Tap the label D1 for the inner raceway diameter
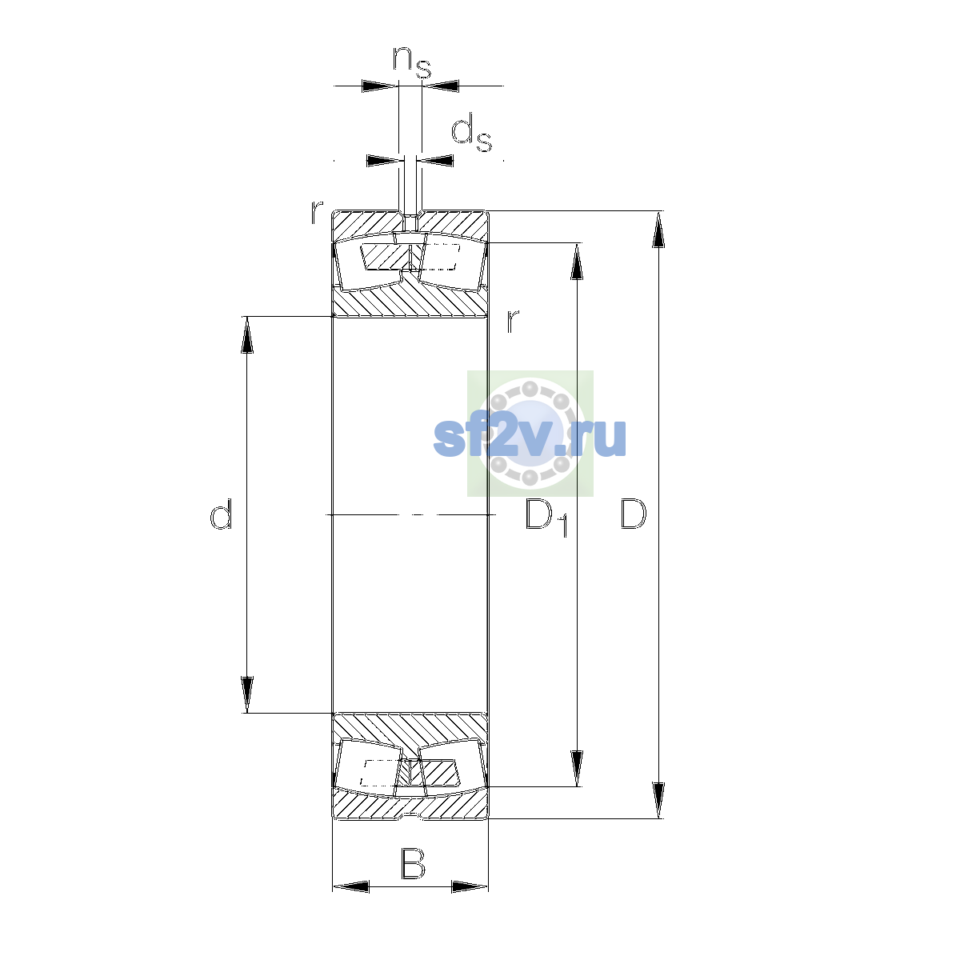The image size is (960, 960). pos(546,518)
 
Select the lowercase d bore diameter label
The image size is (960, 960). pos(221,514)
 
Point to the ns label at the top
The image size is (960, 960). pos(411,62)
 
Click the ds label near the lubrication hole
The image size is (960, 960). pos(471,133)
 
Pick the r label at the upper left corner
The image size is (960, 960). pos(316,212)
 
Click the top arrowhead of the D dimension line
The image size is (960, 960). pos(658,229)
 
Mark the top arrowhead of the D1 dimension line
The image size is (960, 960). pos(577,261)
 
